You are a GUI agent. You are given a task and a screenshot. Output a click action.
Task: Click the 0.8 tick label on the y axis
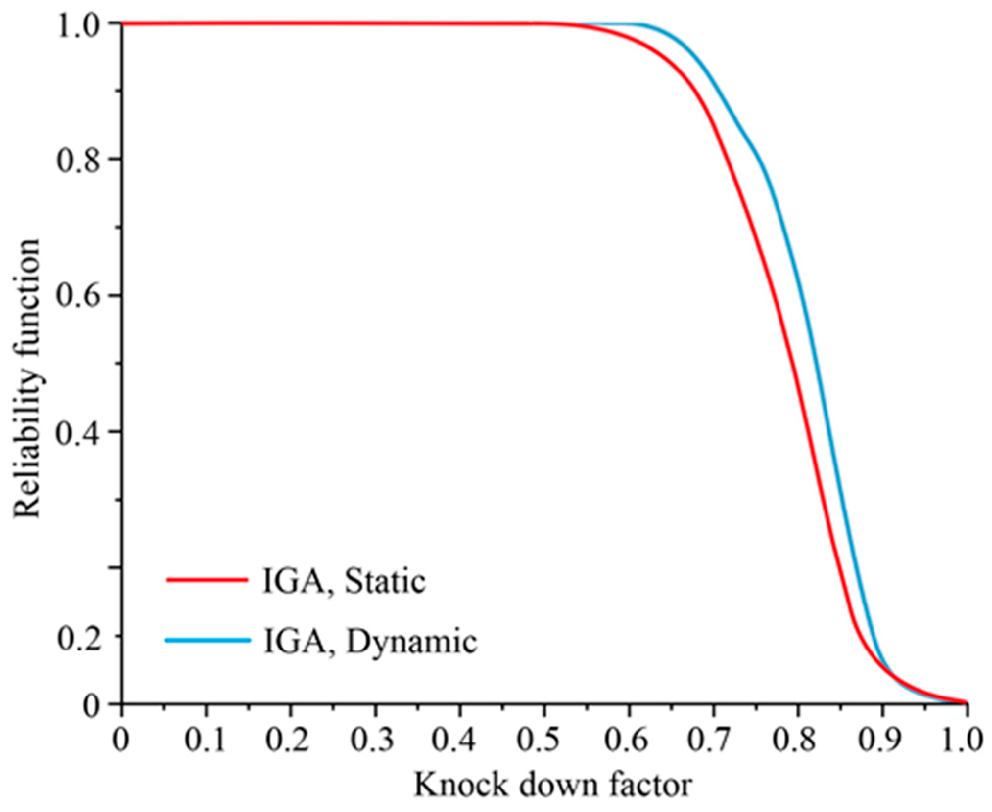[78, 160]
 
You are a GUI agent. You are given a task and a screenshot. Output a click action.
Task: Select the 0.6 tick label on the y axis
[78, 296]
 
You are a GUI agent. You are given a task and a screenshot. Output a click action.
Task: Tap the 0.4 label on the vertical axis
[78, 432]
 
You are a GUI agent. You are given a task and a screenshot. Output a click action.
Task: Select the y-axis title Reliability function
[27, 377]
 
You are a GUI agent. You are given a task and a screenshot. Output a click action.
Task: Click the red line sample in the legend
[207, 580]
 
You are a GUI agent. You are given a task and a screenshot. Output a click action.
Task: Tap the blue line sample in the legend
[208, 640]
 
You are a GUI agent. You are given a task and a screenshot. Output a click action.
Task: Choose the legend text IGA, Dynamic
[370, 642]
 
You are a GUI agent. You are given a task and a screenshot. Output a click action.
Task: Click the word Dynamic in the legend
[411, 642]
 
